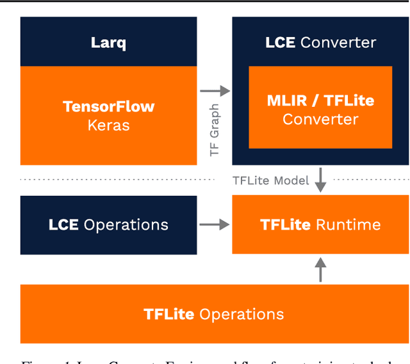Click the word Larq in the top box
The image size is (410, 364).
[108, 43]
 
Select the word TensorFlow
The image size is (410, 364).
[108, 106]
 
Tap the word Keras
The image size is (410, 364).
[108, 125]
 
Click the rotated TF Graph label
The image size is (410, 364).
[215, 130]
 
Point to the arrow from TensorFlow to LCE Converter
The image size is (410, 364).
[215, 91]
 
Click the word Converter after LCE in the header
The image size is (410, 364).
[338, 43]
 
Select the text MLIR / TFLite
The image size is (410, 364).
[320, 100]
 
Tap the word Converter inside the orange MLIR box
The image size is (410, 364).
[320, 119]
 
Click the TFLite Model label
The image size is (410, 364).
[270, 180]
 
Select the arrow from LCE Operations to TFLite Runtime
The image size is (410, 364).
[215, 225]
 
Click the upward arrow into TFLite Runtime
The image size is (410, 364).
[320, 269]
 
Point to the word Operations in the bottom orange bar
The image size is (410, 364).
[241, 314]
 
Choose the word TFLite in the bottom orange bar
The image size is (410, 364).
[168, 314]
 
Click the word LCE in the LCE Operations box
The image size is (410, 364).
[63, 225]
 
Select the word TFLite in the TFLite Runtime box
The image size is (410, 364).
[286, 225]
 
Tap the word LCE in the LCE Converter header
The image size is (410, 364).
[280, 43]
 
